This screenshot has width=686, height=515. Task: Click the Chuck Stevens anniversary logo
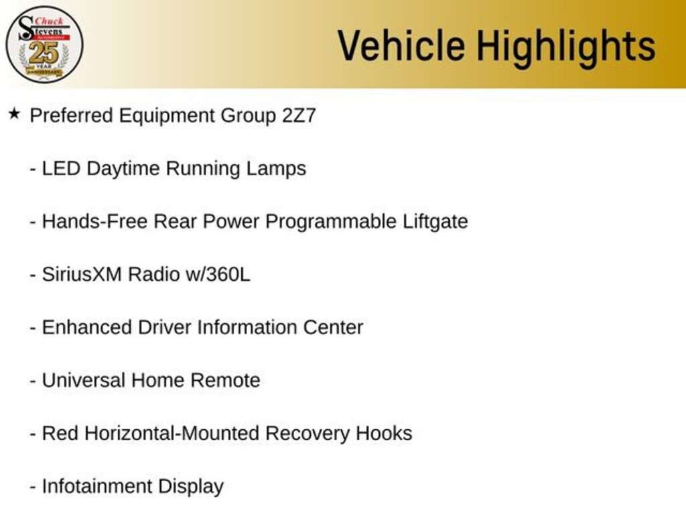coord(44,45)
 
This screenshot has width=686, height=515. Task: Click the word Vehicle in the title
coord(401,46)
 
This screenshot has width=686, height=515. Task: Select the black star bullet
coord(14,114)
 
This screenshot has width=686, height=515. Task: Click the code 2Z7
coord(299,115)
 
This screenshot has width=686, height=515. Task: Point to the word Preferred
coord(71,115)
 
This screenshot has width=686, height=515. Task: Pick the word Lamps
coord(276,169)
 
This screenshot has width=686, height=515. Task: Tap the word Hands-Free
coord(94,221)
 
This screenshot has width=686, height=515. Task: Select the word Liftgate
coord(435,221)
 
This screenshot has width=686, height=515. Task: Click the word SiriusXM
coord(82,274)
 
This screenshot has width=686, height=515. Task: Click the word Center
coord(333,327)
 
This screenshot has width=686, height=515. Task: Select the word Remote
coord(225,381)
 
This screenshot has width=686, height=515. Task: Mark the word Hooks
coord(384,434)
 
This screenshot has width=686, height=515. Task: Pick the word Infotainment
coord(96,487)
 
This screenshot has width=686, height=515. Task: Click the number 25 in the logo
coord(44,53)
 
